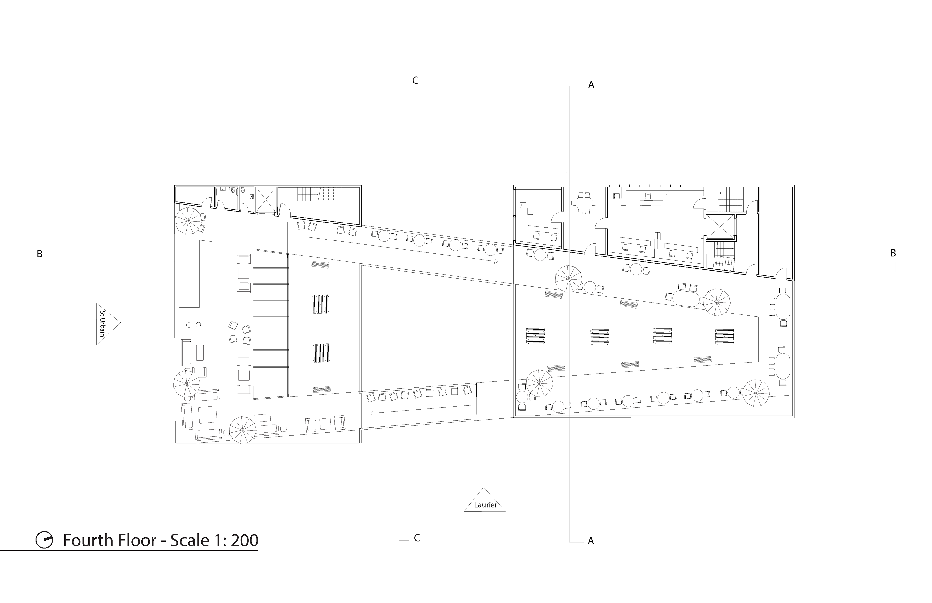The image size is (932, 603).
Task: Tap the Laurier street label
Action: coord(486,505)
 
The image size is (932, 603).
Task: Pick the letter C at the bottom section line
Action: coord(417,538)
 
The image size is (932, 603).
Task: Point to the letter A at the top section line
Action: coord(591,85)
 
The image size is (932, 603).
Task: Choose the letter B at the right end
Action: coord(893,253)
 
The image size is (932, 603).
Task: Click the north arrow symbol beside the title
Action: coord(44,540)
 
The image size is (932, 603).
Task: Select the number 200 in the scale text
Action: coord(244,541)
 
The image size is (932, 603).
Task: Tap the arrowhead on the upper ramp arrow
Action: coord(496,261)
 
